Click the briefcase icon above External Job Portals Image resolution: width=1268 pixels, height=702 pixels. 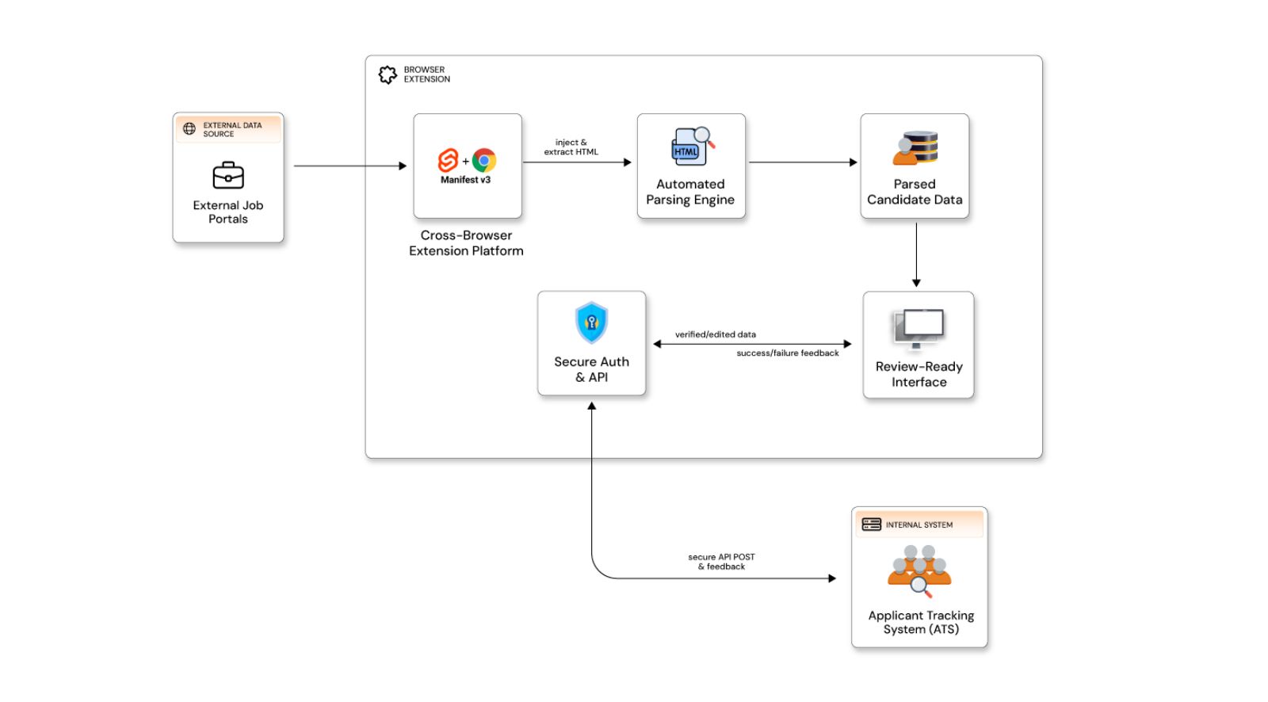point(228,175)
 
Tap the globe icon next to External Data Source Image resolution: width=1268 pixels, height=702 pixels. point(189,129)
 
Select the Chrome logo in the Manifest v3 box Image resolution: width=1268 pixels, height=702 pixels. point(484,161)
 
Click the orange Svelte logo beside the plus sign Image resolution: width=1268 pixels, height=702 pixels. point(449,161)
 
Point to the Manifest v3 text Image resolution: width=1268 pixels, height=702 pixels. point(466,180)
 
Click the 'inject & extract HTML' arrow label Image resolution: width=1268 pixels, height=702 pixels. point(571,147)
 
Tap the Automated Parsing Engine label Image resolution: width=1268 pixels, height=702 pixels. point(690,192)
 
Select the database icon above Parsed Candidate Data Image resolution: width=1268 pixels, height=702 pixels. point(915,148)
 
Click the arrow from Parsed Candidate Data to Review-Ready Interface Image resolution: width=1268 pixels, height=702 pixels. point(916,254)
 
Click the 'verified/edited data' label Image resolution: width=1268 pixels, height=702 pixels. point(715,334)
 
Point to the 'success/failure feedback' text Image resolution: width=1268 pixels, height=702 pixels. point(787,353)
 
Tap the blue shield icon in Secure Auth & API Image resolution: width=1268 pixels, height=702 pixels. point(591,322)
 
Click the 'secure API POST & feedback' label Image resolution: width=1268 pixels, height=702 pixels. point(721,562)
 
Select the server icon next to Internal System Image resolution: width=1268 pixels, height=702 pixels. point(872,525)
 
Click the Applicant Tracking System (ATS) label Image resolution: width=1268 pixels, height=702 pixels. point(921,622)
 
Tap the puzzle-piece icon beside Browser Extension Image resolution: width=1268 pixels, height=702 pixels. point(388,74)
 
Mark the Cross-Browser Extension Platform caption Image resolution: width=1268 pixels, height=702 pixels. point(466,243)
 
